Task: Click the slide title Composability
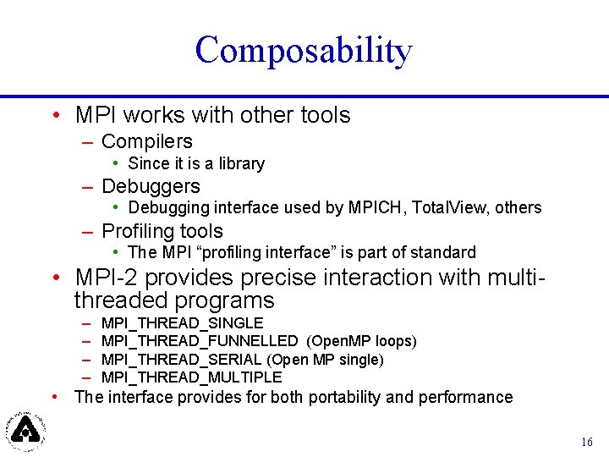coord(303,51)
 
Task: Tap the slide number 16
coord(587,442)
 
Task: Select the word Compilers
coord(146,141)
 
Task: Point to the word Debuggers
coord(151,186)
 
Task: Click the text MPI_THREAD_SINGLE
coord(182,323)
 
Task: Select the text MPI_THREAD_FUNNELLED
coord(199,341)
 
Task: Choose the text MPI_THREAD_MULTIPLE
coord(191,377)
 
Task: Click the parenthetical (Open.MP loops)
coord(361,341)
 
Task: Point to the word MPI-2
coord(107,278)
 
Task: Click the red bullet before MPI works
coord(54,115)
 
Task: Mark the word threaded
coord(127,300)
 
